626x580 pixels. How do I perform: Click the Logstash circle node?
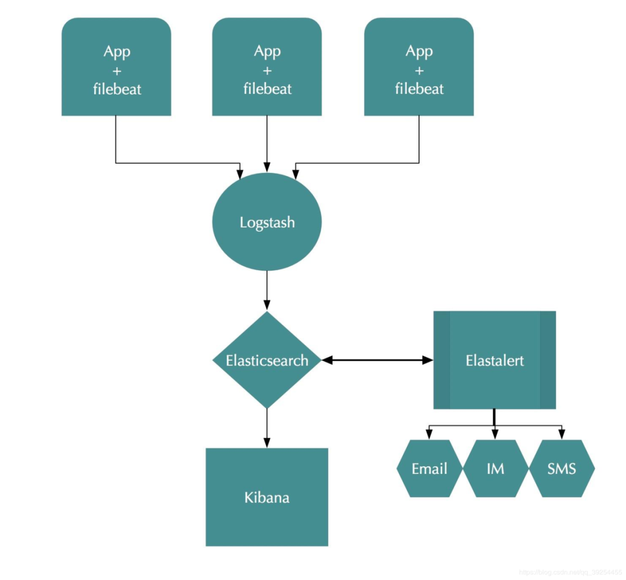point(267,222)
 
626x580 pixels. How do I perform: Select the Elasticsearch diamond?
point(267,360)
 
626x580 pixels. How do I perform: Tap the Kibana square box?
point(267,497)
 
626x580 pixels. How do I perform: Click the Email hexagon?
point(430,468)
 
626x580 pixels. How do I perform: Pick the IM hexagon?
point(495,468)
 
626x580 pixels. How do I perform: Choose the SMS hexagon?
point(562,468)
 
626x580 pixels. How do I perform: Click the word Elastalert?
point(494,360)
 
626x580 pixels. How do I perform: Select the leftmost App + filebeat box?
point(117,67)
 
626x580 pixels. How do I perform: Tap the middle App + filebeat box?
point(267,67)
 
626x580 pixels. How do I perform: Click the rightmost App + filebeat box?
point(418,67)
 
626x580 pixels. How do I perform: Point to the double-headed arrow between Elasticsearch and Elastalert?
point(377,360)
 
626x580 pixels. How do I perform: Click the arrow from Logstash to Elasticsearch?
point(267,290)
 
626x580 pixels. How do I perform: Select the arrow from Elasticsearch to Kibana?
point(267,428)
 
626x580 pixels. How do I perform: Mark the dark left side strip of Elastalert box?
point(442,360)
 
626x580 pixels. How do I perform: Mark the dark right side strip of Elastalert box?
point(548,360)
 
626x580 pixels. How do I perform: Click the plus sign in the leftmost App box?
point(117,70)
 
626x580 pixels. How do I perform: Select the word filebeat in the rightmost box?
point(419,89)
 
